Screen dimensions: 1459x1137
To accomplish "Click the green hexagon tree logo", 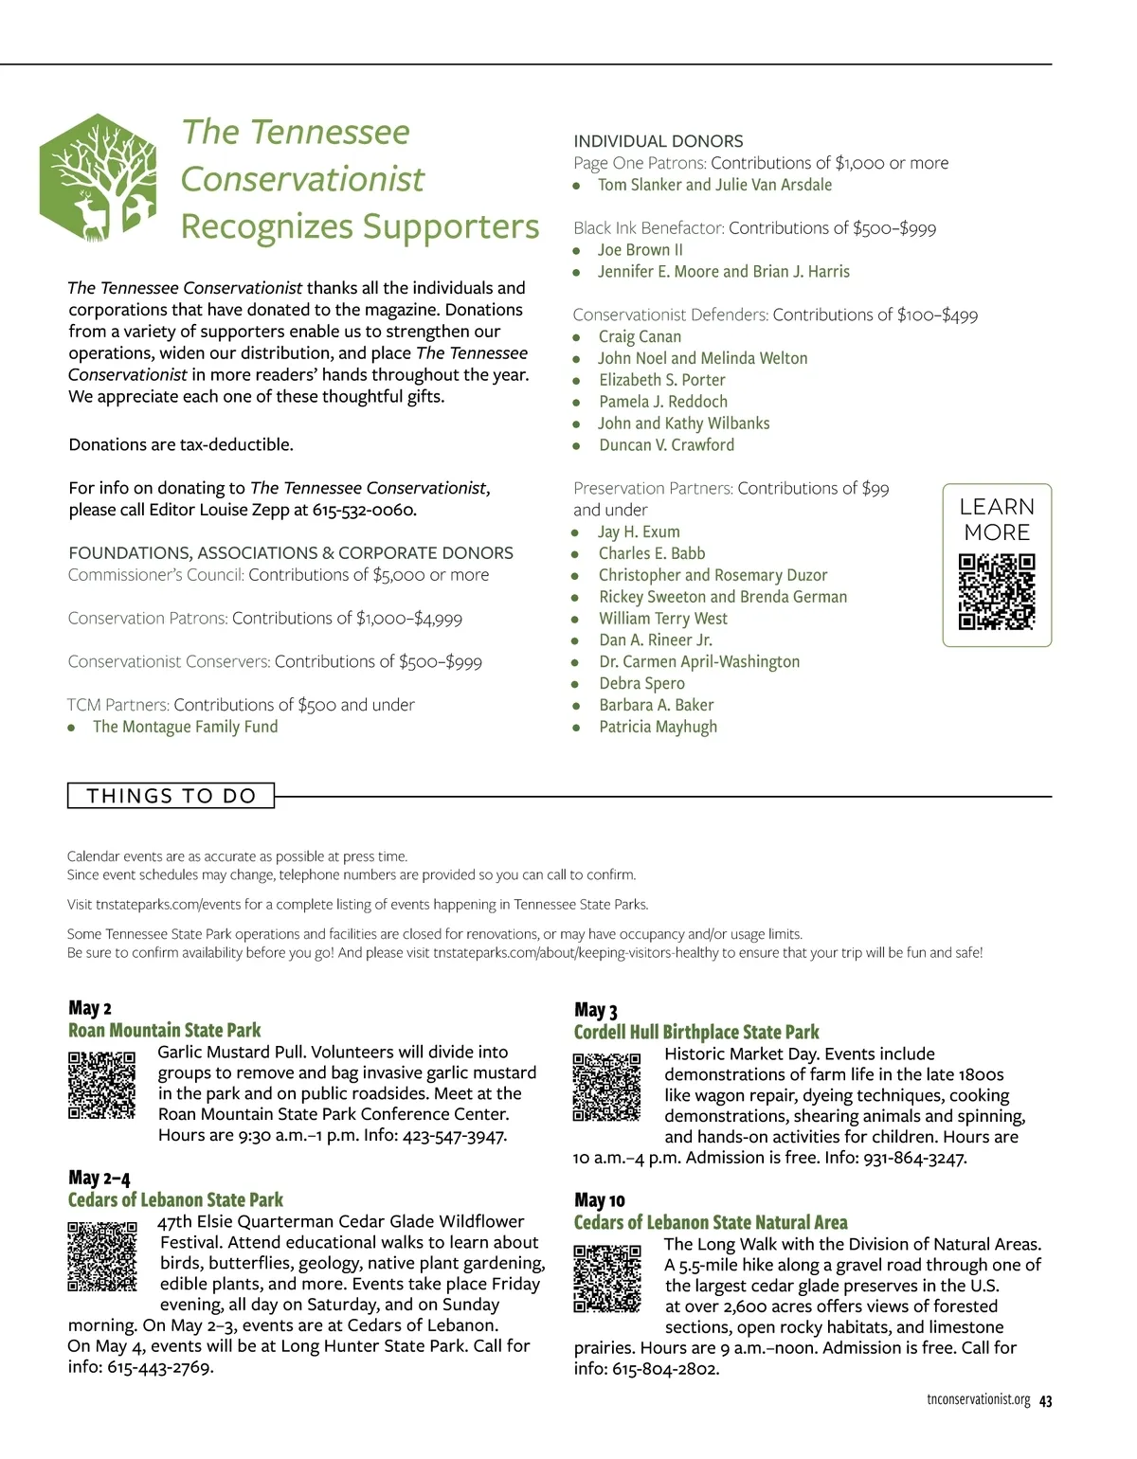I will pos(98,178).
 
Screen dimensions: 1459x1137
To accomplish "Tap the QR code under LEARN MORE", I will pos(997,592).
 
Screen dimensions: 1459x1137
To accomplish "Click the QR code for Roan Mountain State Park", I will pos(101,1085).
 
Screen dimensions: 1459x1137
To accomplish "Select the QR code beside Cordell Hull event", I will pos(607,1087).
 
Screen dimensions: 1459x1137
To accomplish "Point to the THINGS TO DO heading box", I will pos(171,796).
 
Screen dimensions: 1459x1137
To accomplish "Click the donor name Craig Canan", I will pos(640,336).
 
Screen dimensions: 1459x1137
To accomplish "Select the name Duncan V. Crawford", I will pos(666,445).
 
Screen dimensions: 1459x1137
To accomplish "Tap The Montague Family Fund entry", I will pos(185,727).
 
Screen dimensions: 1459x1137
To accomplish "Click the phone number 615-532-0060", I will pos(364,510).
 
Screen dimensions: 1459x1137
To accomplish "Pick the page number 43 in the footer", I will pos(1046,1401).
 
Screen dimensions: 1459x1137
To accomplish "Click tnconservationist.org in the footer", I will pos(979,1400).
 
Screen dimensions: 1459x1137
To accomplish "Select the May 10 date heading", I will pos(599,1200).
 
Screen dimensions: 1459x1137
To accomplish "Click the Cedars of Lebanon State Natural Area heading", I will pos(711,1222).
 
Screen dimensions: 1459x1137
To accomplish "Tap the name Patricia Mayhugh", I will pos(658,727).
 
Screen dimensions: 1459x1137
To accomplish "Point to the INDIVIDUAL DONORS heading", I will pos(659,141).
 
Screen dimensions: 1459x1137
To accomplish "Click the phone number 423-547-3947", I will pos(454,1135).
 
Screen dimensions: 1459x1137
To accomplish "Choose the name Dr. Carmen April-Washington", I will pos(699,661).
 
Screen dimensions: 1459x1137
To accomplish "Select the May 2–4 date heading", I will pos(99,1178).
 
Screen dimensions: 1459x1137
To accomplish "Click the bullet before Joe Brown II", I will pos(576,251).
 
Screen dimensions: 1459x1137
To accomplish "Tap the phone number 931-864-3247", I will pos(914,1158).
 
